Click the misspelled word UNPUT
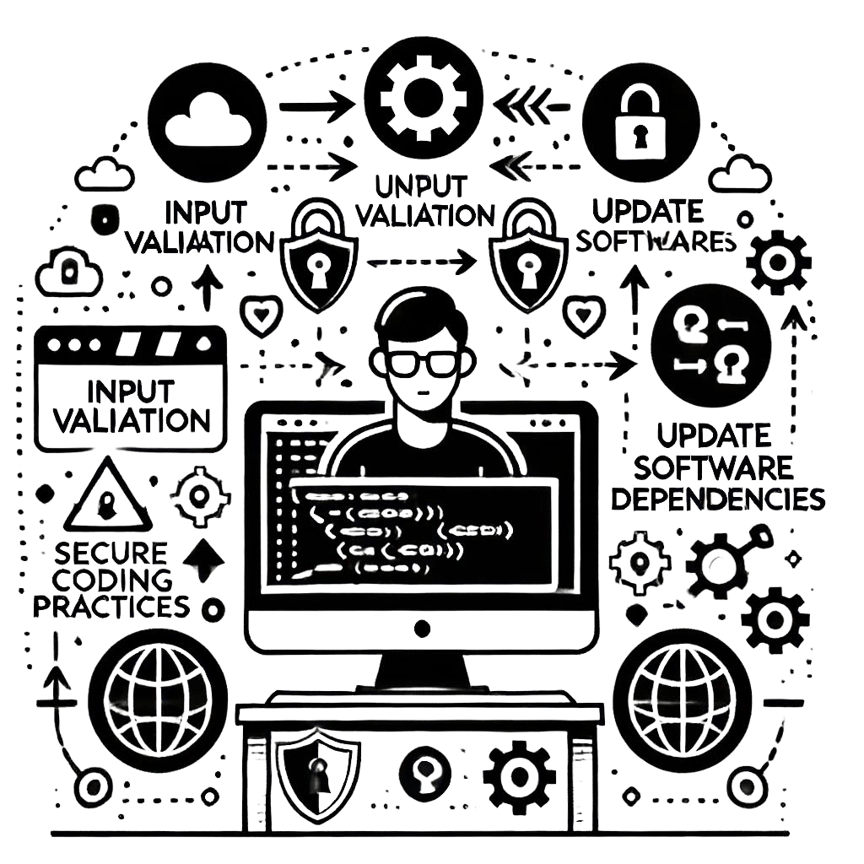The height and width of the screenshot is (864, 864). [x=420, y=184]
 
